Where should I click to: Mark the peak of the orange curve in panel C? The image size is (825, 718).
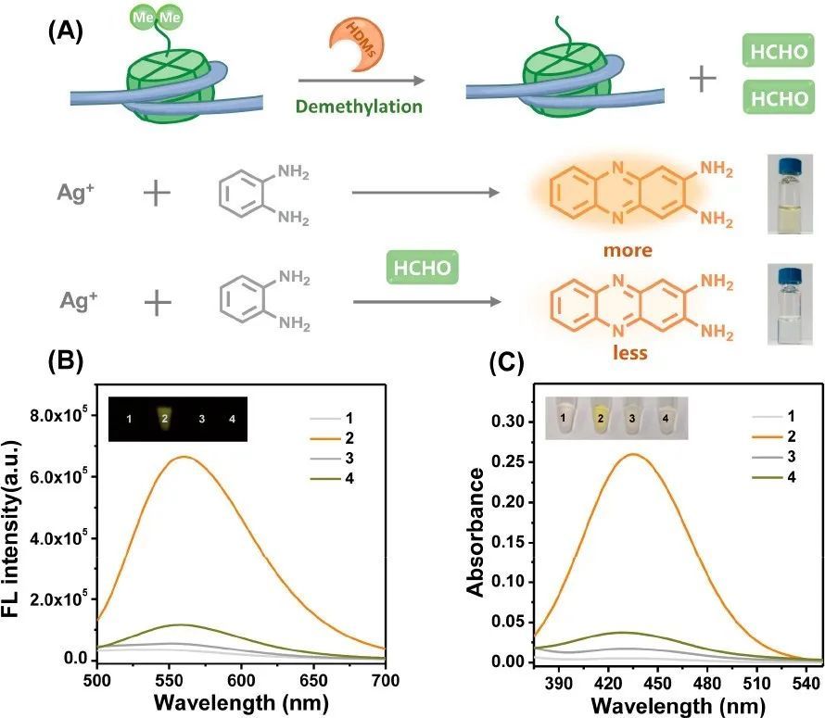tap(634, 454)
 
